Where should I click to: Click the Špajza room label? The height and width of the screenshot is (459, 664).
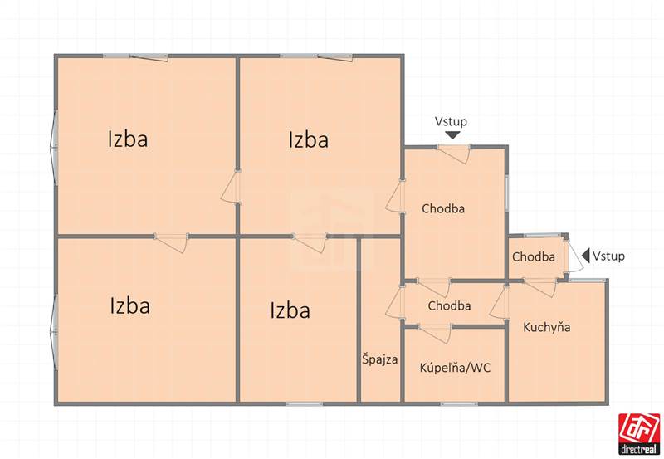[379, 359]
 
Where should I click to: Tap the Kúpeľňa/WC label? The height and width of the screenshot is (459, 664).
[455, 367]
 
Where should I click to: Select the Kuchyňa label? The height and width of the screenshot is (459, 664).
[547, 327]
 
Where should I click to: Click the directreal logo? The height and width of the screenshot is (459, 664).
[639, 433]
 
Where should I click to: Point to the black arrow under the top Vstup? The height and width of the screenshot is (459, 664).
[452, 135]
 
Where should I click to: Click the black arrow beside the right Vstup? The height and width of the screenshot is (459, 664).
[586, 256]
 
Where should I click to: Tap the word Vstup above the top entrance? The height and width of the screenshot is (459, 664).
[451, 121]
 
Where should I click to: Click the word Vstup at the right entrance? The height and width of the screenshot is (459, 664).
[608, 256]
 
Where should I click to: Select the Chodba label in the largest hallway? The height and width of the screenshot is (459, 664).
[443, 208]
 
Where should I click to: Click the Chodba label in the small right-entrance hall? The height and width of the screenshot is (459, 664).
[534, 256]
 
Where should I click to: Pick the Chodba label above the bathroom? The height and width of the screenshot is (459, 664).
[449, 305]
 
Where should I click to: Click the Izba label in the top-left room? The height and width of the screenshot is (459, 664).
[128, 139]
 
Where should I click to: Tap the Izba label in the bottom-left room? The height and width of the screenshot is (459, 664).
[130, 305]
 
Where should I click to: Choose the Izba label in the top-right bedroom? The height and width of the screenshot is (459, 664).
[308, 139]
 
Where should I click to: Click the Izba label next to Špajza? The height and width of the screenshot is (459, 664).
[290, 310]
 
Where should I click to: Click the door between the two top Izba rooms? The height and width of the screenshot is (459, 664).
[231, 187]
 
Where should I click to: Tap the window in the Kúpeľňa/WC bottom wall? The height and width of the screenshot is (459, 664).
[459, 404]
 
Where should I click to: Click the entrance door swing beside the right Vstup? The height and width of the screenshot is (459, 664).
[574, 256]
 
